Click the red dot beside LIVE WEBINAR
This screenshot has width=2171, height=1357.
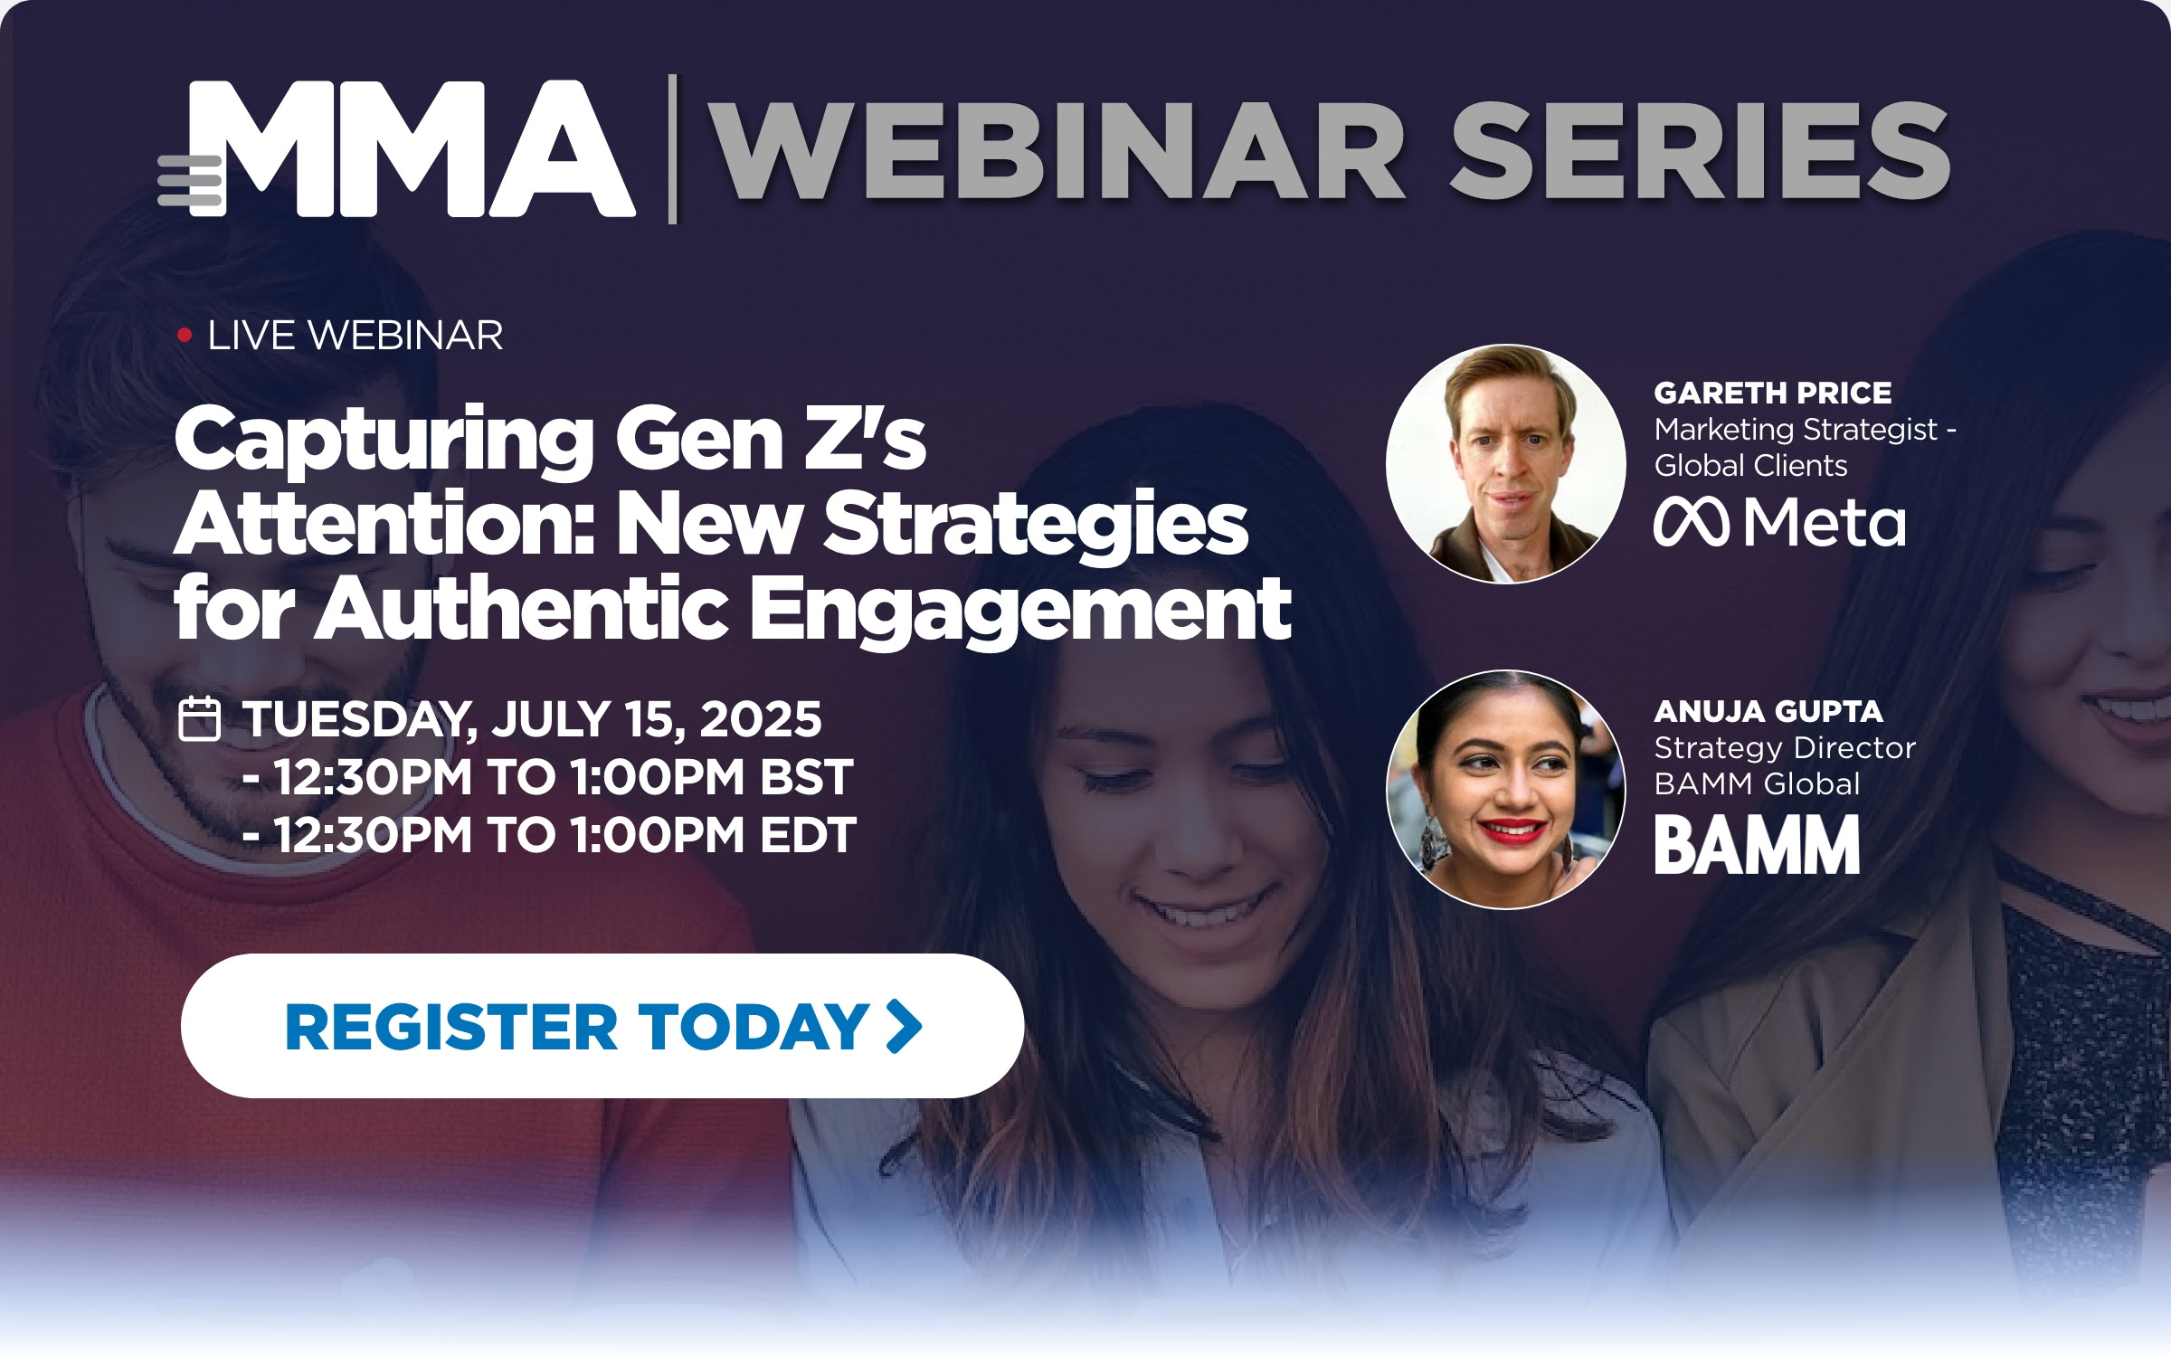point(185,336)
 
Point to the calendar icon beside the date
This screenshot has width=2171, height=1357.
point(199,719)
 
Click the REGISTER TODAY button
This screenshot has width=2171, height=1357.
point(602,1026)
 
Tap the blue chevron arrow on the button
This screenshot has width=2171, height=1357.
point(904,1027)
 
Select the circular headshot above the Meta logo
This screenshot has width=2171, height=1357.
point(1506,463)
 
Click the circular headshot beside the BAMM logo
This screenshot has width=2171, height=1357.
point(1506,789)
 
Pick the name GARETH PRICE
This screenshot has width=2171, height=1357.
point(1773,393)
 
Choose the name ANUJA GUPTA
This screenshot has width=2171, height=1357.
point(1768,712)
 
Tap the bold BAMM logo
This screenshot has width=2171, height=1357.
point(1757,844)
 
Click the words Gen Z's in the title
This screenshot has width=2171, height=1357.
point(771,440)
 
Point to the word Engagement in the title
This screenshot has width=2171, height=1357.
point(1020,610)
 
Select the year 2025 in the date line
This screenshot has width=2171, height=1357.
point(761,719)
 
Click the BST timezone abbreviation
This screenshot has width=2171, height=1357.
point(806,777)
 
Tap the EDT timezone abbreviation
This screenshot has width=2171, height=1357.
point(808,835)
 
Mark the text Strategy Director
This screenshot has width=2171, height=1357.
point(1785,748)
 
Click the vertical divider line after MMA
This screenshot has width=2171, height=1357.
point(672,149)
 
